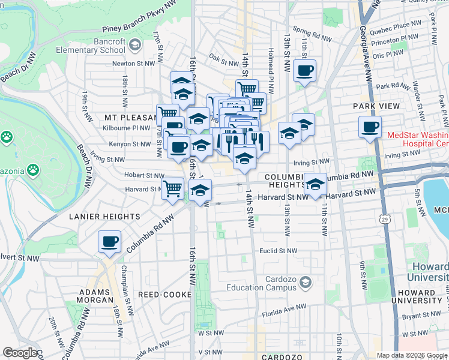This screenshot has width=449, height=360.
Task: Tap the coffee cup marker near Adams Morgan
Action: (110, 242)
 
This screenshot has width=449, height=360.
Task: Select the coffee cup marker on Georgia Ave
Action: (370, 127)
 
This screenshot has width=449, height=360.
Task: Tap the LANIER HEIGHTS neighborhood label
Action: (104, 216)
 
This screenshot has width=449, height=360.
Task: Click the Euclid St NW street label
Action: (278, 251)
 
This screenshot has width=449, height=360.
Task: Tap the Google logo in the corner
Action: (21, 353)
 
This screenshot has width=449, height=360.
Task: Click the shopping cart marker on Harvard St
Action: (173, 188)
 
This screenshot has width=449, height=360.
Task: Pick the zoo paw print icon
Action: (7, 137)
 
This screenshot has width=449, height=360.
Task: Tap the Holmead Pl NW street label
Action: (270, 76)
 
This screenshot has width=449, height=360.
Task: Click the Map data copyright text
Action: (412, 355)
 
